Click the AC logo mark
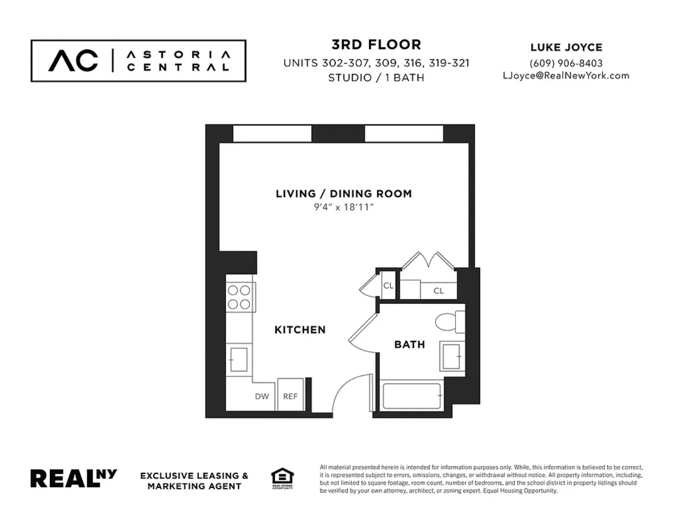[73, 60]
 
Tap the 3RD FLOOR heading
[376, 45]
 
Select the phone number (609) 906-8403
[566, 63]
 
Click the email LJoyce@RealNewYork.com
[566, 76]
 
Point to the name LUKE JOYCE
[566, 47]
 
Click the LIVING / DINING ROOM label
[344, 194]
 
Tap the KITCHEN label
[300, 330]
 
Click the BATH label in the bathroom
[409, 344]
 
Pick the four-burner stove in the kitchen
[239, 297]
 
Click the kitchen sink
[238, 359]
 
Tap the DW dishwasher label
[262, 396]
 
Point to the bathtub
[412, 396]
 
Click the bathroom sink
[451, 356]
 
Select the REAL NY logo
[73, 478]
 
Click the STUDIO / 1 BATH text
[376, 78]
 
